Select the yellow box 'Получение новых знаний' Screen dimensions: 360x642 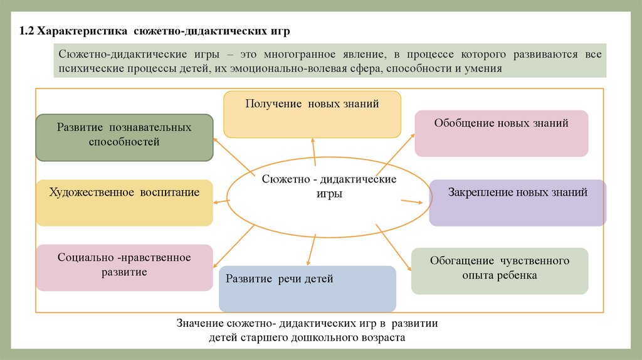[312, 114]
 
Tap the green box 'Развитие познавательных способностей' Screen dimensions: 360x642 [124, 138]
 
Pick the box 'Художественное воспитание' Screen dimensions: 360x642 [124, 202]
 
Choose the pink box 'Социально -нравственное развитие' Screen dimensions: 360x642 [124, 267]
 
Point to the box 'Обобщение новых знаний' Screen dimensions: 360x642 [501, 133]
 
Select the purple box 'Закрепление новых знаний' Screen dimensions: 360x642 [517, 202]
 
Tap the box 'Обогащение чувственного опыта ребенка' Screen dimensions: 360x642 [500, 270]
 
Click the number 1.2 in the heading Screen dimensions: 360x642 [26, 31]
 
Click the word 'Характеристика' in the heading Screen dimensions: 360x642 [83, 31]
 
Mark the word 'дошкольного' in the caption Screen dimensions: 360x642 [324, 337]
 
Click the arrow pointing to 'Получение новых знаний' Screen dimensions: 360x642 [314, 151]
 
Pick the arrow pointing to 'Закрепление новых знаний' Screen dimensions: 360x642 [411, 201]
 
